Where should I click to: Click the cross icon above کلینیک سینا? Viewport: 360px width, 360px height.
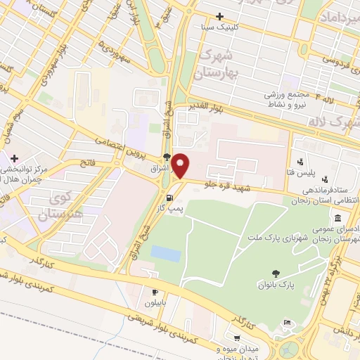220,16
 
